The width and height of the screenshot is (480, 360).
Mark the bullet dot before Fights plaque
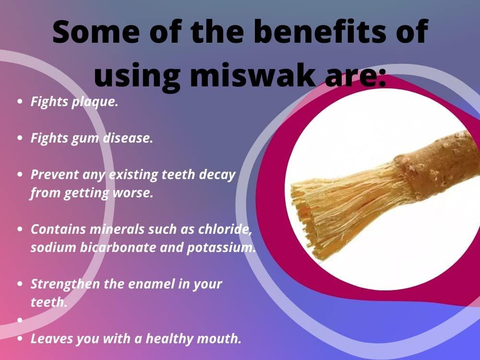click(x=20, y=102)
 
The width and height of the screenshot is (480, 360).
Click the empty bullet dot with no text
click(x=20, y=319)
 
